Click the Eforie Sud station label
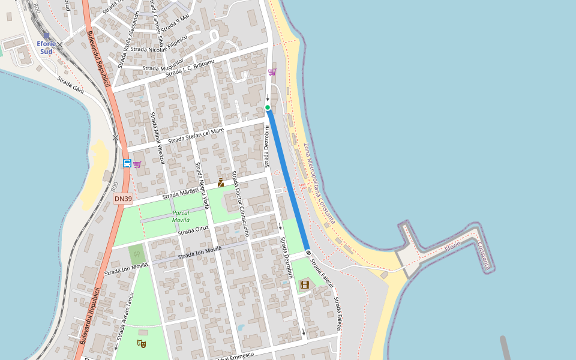pos(46,47)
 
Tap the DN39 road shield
pos(123,199)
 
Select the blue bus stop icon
pos(127,163)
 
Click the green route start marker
pos(268,107)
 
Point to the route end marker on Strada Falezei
pos(308,253)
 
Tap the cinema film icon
pos(305,284)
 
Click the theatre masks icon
pos(142,343)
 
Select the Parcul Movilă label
pos(181,216)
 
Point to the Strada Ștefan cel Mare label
pos(196,136)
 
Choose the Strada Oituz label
pos(193,230)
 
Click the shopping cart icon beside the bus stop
pos(137,164)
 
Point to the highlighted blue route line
pos(288,180)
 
